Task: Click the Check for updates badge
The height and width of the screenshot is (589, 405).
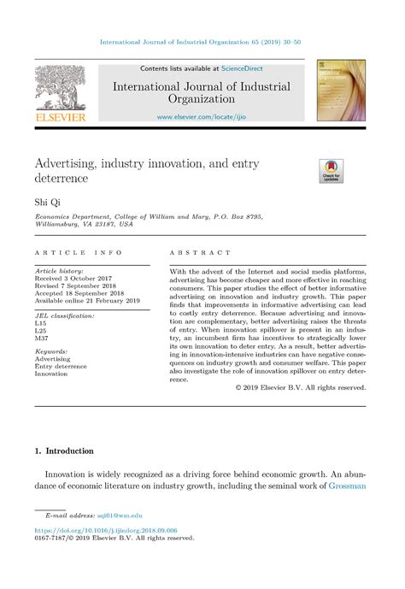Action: tap(330, 170)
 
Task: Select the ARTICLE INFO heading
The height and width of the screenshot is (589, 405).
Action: tap(79, 253)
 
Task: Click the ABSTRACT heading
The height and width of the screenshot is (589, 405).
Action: tap(200, 253)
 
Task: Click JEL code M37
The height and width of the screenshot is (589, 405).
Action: tap(43, 339)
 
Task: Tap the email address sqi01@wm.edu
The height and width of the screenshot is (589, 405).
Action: tap(120, 516)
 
